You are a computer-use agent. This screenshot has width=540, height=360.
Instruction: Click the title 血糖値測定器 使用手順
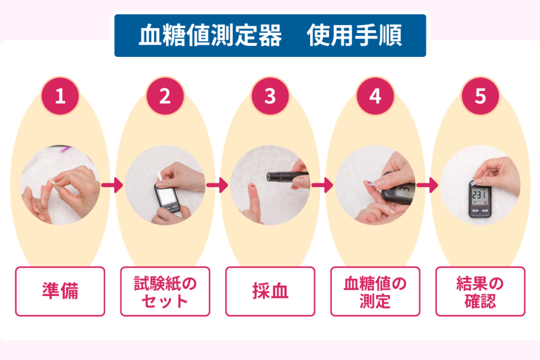click(x=270, y=36)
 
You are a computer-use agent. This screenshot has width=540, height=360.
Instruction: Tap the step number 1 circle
click(x=60, y=96)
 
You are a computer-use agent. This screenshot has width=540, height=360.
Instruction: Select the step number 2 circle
click(x=165, y=96)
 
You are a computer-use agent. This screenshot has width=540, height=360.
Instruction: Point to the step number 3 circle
click(x=270, y=96)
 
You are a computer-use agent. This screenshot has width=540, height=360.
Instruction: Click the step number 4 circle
click(x=375, y=96)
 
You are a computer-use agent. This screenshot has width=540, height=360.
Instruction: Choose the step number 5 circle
click(x=480, y=96)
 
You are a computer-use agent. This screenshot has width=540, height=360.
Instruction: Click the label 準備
click(x=60, y=291)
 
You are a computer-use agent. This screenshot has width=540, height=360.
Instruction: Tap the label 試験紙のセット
click(x=165, y=291)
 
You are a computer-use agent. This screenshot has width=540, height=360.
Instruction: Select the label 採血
click(x=270, y=291)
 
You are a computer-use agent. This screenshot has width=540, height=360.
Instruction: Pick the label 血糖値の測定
click(x=375, y=291)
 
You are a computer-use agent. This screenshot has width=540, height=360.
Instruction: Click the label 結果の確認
click(x=480, y=291)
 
